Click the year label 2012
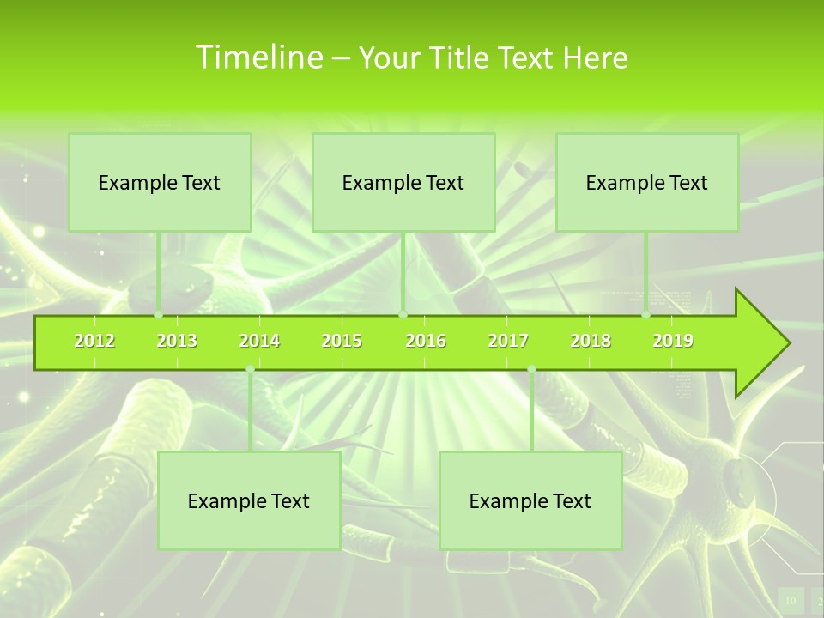[94, 342]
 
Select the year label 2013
[177, 342]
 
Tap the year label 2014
[259, 342]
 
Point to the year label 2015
[342, 342]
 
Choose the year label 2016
[426, 342]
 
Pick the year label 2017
[508, 342]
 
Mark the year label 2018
[591, 342]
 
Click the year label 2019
[673, 342]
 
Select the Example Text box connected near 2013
[160, 183]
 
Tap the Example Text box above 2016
[403, 183]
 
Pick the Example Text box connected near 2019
[647, 183]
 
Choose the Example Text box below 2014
[249, 501]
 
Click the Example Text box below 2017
[530, 501]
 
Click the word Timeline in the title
[258, 58]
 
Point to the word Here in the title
[595, 58]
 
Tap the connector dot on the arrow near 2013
[159, 315]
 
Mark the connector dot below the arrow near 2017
[531, 369]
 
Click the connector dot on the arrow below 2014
[250, 369]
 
